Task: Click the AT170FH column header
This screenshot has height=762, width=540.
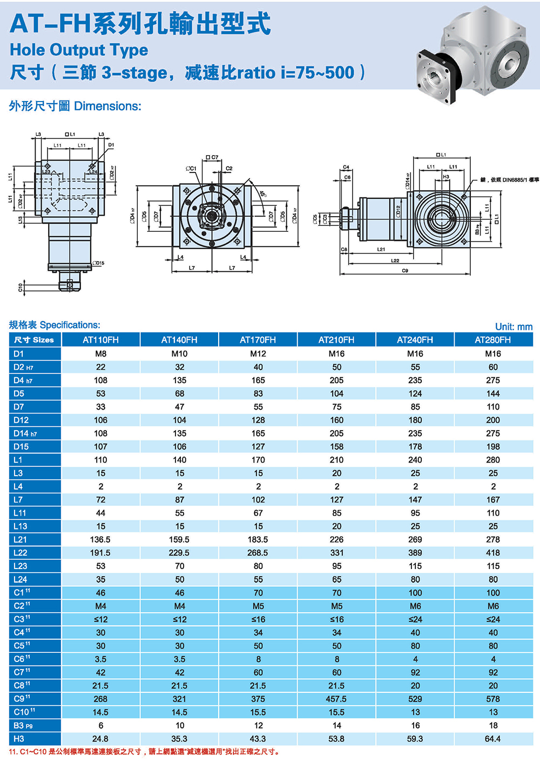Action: coord(258,340)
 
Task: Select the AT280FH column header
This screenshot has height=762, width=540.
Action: coord(492,340)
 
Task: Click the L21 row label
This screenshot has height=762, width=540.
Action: coord(21,539)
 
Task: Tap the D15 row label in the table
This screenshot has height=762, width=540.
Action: coord(21,446)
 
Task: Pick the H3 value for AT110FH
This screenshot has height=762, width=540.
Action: coord(100,739)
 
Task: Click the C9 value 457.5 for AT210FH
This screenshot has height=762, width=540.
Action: coord(336,699)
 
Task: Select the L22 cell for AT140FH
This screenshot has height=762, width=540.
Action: coord(179,553)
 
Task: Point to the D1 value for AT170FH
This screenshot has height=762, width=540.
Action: coord(258,353)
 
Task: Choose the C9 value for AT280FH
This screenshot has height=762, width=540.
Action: coord(493,699)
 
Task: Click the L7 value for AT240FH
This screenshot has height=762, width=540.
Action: coord(415,500)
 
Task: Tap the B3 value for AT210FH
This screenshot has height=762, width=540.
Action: coord(336,725)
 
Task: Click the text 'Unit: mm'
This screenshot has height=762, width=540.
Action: coord(514,326)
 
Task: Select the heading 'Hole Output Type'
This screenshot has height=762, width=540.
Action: coord(79,50)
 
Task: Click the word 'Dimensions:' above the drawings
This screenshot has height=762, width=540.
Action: coord(107,106)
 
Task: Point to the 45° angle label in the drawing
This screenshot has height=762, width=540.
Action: coord(263,193)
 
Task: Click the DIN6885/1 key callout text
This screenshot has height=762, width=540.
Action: coord(509,180)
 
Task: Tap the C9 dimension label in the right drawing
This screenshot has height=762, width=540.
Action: coord(405,271)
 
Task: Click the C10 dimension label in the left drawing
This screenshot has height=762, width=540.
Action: coord(21,288)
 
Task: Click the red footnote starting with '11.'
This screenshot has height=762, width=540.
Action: coord(145,752)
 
